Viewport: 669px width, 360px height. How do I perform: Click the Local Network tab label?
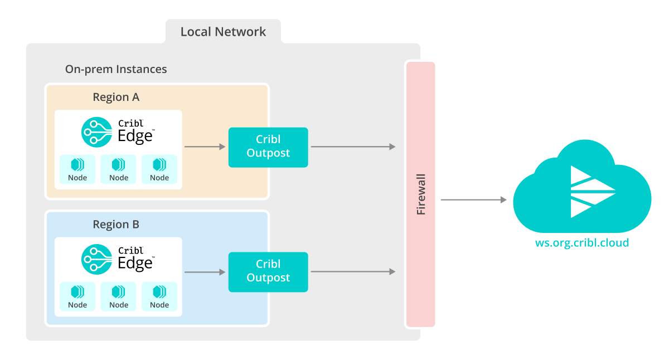[223, 32]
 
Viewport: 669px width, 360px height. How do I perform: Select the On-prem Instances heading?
[116, 70]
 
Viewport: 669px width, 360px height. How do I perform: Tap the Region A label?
[116, 97]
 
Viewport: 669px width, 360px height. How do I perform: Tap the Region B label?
[116, 225]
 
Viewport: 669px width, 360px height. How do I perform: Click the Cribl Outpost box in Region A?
[268, 147]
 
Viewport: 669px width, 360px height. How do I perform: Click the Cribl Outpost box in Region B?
[268, 271]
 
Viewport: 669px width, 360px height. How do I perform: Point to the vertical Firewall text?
[421, 194]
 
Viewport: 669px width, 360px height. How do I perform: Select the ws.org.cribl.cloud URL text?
[581, 243]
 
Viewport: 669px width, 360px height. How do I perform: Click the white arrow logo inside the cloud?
[591, 191]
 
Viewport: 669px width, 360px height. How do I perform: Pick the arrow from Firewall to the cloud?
[473, 200]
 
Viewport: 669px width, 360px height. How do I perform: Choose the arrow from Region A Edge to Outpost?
[205, 147]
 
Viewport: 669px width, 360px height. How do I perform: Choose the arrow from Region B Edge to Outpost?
[205, 272]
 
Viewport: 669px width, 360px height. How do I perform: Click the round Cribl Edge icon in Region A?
[96, 132]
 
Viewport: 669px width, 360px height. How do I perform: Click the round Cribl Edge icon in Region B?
[96, 259]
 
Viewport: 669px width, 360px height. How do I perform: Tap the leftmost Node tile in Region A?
[77, 169]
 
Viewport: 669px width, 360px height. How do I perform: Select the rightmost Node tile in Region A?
[159, 169]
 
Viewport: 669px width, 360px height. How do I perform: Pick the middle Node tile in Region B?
[119, 296]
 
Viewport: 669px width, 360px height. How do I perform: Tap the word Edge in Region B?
[134, 262]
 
